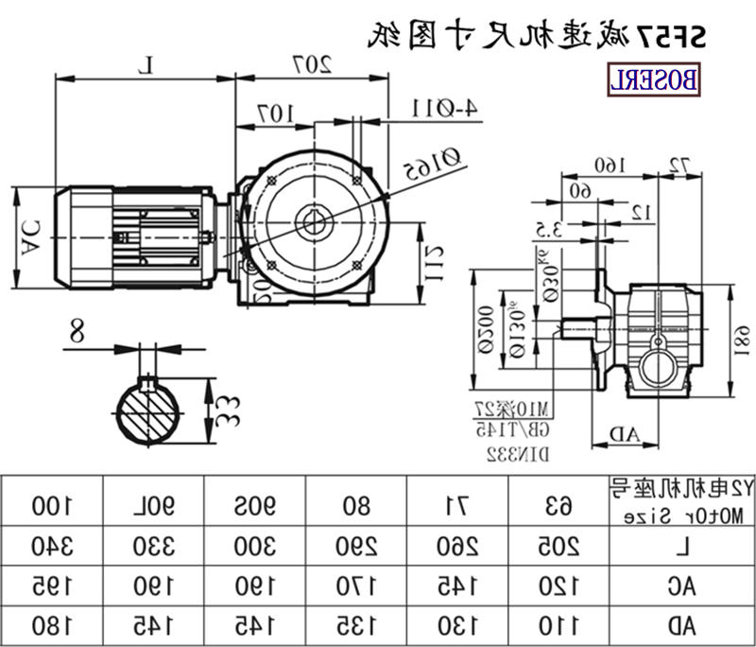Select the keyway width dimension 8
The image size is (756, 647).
click(x=77, y=332)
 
